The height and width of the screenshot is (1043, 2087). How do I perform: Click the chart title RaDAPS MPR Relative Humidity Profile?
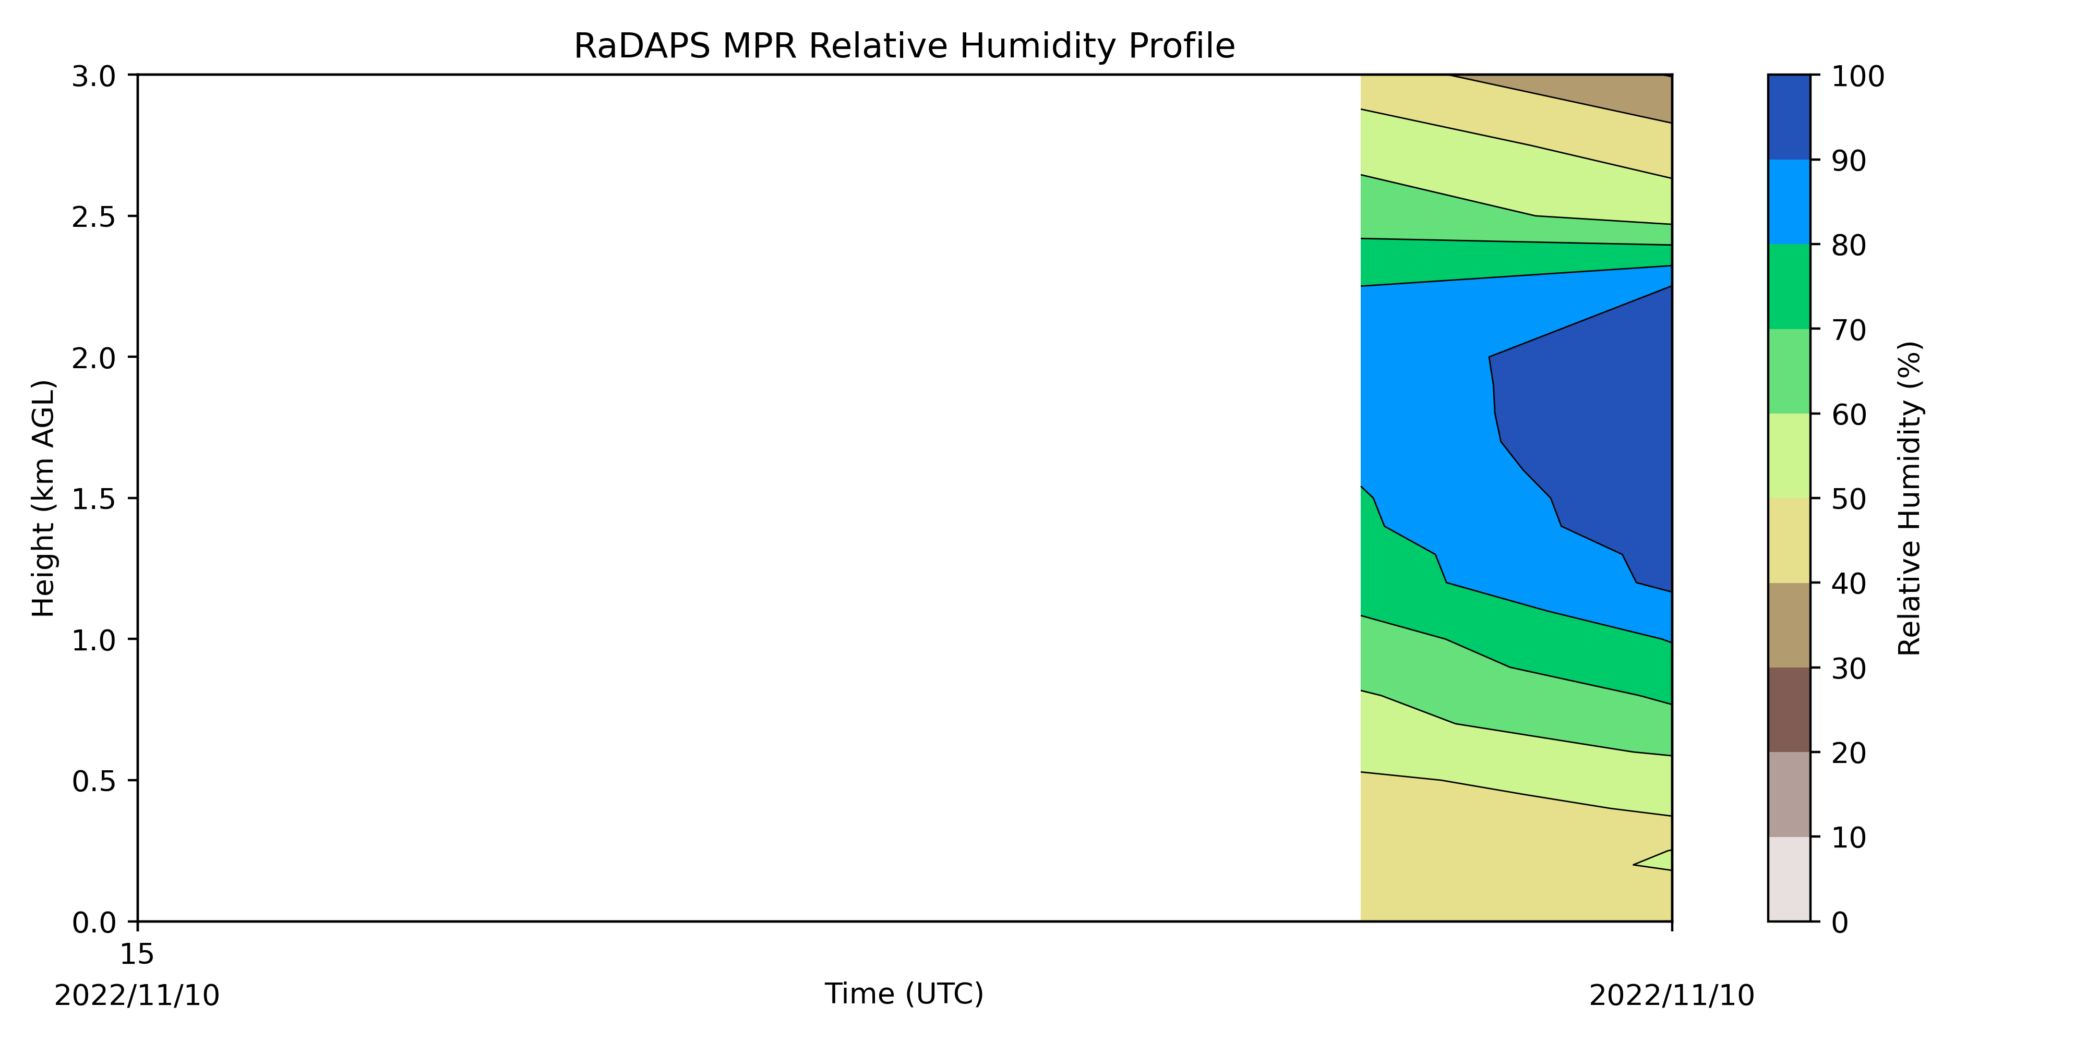pos(904,46)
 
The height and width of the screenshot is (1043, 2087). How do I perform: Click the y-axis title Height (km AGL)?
pos(43,498)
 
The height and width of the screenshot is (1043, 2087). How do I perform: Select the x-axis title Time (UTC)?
pos(904,993)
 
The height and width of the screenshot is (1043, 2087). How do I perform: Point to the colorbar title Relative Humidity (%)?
pos(1910,498)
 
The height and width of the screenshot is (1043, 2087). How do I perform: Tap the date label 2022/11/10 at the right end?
pos(1671,995)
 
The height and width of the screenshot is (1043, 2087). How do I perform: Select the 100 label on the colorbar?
pos(1858,76)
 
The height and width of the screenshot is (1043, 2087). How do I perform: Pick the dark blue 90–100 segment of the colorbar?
pos(1789,117)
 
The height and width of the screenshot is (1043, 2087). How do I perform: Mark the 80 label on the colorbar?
pos(1850,245)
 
